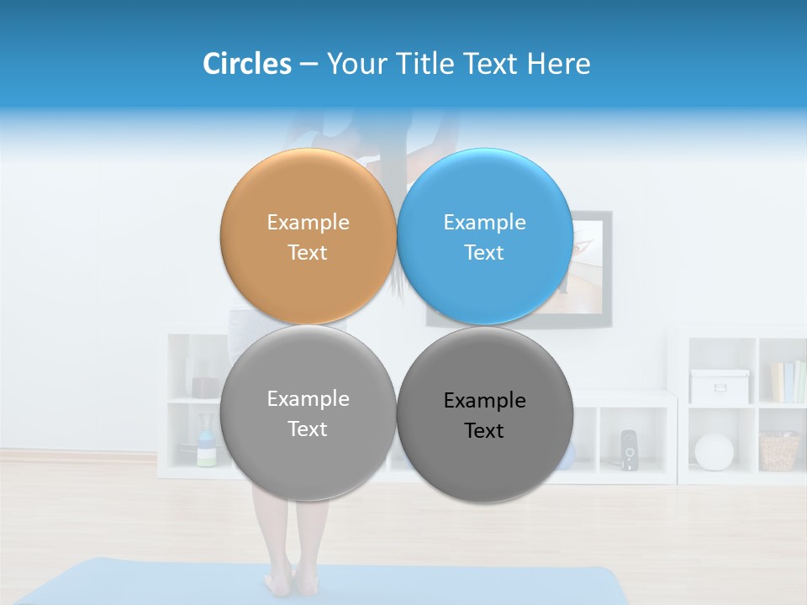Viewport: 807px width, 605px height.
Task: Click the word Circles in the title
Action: tap(246, 64)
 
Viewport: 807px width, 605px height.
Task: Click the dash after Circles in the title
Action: tap(309, 65)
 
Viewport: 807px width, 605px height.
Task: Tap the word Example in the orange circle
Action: tap(308, 223)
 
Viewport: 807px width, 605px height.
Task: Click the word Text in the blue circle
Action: tap(484, 253)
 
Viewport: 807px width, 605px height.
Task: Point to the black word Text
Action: tap(484, 431)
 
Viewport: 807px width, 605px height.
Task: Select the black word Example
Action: tap(484, 401)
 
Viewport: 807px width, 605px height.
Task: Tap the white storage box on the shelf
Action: tap(719, 386)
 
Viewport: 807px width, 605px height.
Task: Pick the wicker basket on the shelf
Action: tap(779, 451)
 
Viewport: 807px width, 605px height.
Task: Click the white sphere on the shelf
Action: tap(714, 451)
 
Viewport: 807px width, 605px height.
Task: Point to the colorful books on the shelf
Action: tap(788, 381)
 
